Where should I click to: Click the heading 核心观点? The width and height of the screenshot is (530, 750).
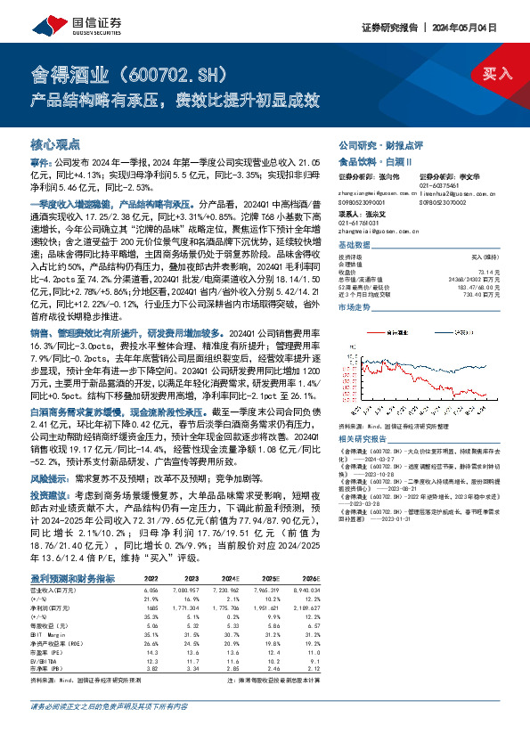pyautogui.click(x=55, y=144)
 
